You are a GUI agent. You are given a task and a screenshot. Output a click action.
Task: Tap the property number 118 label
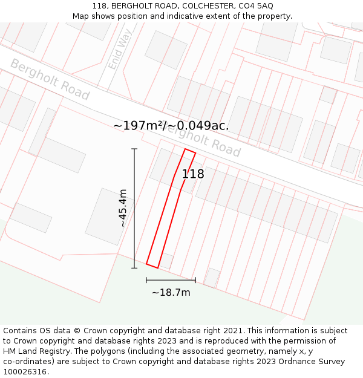click(x=193, y=174)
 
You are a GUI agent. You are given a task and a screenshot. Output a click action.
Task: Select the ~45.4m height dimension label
click(x=123, y=207)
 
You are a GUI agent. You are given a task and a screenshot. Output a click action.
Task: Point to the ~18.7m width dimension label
click(x=171, y=293)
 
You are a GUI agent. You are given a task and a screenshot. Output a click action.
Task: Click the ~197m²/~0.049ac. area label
click(x=171, y=126)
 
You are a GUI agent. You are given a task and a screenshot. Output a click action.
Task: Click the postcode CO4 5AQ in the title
click(x=256, y=6)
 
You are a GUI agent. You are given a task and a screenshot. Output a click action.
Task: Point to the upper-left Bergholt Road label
click(x=50, y=80)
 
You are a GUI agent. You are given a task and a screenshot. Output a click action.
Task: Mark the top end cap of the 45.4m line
click(x=134, y=149)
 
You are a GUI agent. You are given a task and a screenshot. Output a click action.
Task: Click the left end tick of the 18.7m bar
click(x=146, y=280)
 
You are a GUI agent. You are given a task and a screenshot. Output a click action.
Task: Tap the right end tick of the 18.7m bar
click(x=195, y=280)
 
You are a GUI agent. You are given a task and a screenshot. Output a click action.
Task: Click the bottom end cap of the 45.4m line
click(x=134, y=268)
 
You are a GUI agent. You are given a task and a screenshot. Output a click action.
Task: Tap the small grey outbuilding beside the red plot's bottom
click(x=166, y=261)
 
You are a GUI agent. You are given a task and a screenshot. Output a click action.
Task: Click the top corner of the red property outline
click(x=185, y=149)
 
